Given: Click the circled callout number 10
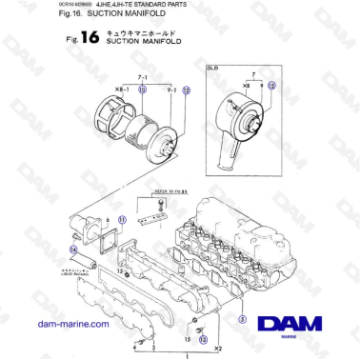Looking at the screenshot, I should pos(143,89).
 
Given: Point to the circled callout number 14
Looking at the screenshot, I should pos(73,250).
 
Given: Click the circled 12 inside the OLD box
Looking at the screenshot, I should pos(271,85).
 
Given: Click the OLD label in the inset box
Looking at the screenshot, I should pos(210,68).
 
